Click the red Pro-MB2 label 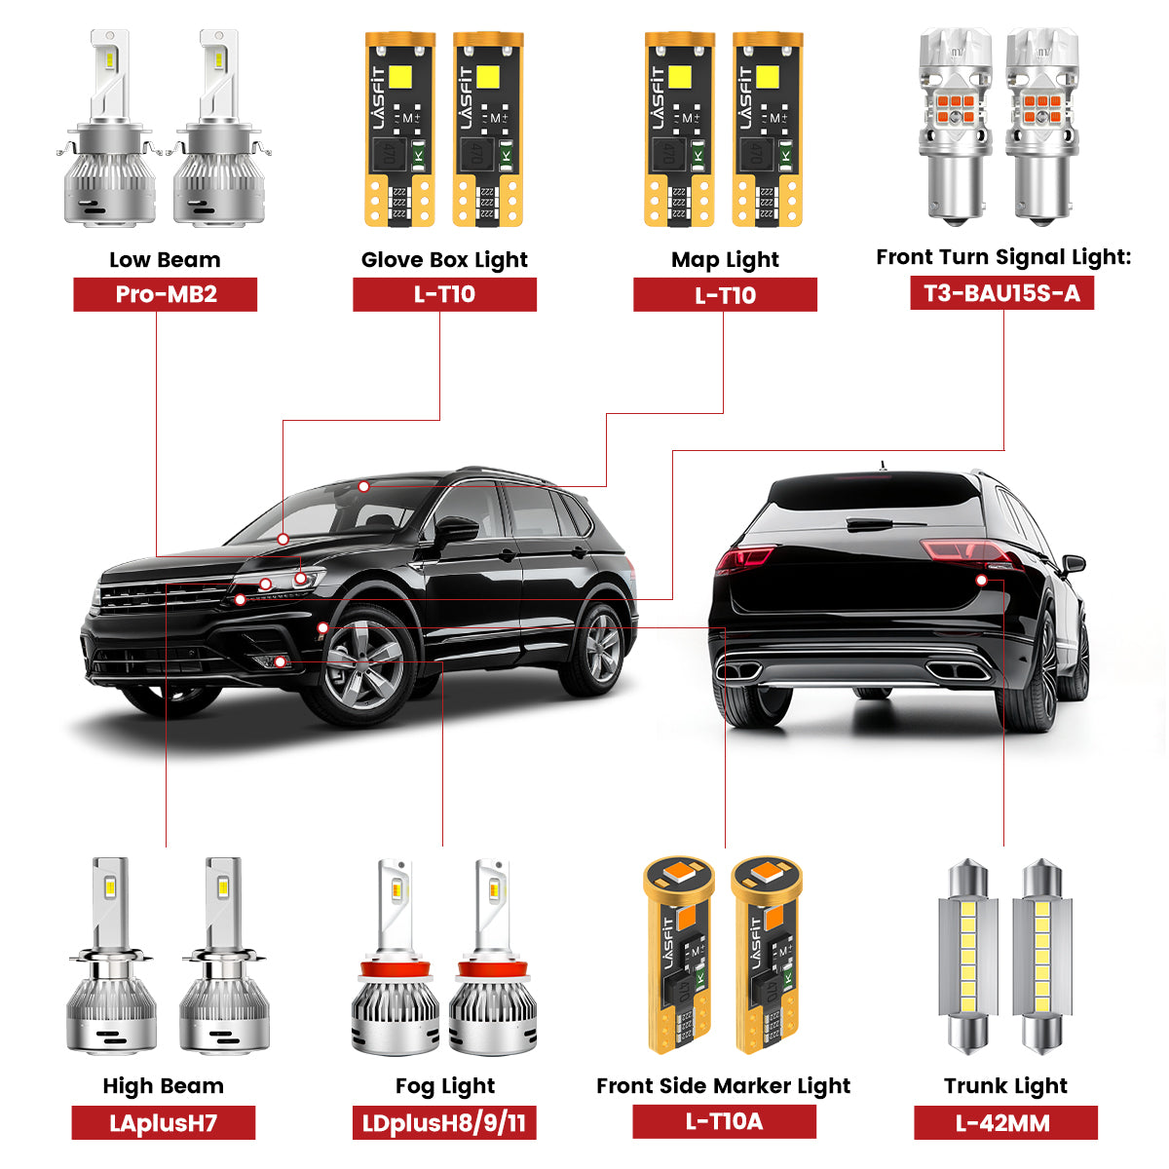[x=166, y=294]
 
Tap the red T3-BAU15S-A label [x=1001, y=293]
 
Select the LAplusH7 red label [x=163, y=1123]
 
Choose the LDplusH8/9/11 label [x=444, y=1123]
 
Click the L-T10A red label [x=724, y=1121]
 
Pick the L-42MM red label [x=1004, y=1123]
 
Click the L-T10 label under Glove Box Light [x=444, y=294]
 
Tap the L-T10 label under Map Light [x=725, y=294]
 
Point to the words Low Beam [x=165, y=259]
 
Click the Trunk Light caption [x=1005, y=1085]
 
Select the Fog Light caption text [x=445, y=1085]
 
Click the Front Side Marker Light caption [x=724, y=1085]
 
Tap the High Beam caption [x=163, y=1085]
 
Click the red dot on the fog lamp [x=280, y=662]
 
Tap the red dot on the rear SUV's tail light [x=982, y=580]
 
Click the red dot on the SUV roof [x=363, y=485]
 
